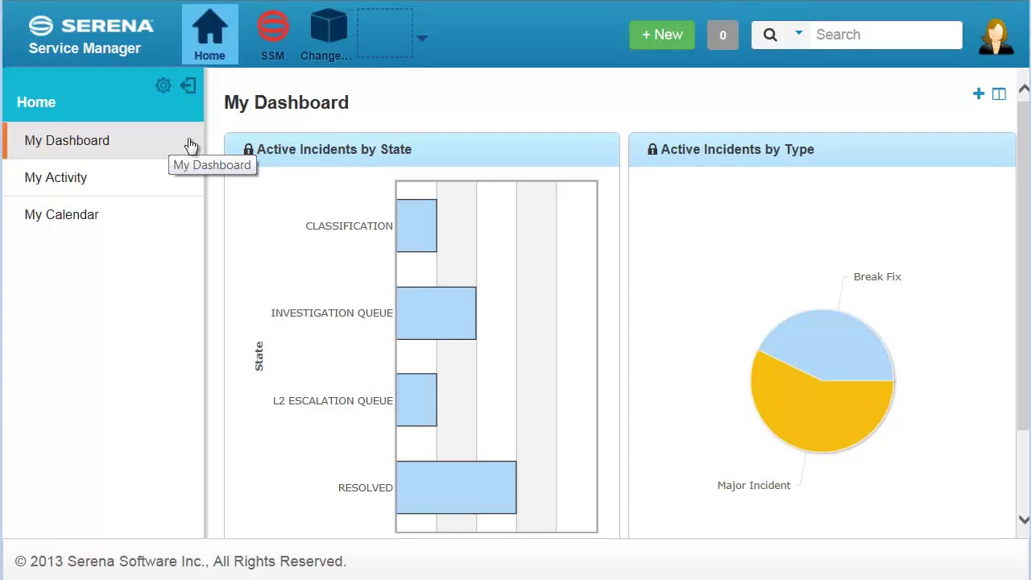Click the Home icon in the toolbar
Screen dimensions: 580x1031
pyautogui.click(x=209, y=29)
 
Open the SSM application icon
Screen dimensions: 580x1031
pyautogui.click(x=273, y=27)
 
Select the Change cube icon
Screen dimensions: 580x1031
pyautogui.click(x=328, y=27)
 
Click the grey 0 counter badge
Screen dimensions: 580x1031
pyautogui.click(x=723, y=35)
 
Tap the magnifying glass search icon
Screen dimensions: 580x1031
pyautogui.click(x=770, y=35)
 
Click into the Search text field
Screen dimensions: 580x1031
pyautogui.click(x=884, y=35)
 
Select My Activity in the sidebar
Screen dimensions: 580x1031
pyautogui.click(x=56, y=177)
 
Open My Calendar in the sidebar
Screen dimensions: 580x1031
pyautogui.click(x=61, y=214)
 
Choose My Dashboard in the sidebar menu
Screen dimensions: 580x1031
pyautogui.click(x=67, y=140)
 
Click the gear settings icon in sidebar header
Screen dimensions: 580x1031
pyautogui.click(x=164, y=85)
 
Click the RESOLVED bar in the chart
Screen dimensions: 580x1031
pyautogui.click(x=456, y=487)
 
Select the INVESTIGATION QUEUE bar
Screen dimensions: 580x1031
pyautogui.click(x=436, y=313)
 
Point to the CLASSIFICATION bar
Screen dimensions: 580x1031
pyautogui.click(x=416, y=226)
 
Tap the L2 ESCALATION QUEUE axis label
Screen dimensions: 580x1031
pyautogui.click(x=333, y=400)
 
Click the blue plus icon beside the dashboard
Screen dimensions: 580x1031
pyautogui.click(x=979, y=94)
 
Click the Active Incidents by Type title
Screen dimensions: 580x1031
pyautogui.click(x=737, y=149)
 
